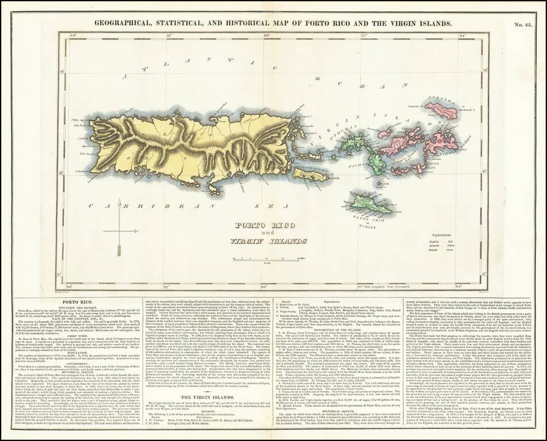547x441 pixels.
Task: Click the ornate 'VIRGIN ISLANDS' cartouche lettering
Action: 253,241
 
